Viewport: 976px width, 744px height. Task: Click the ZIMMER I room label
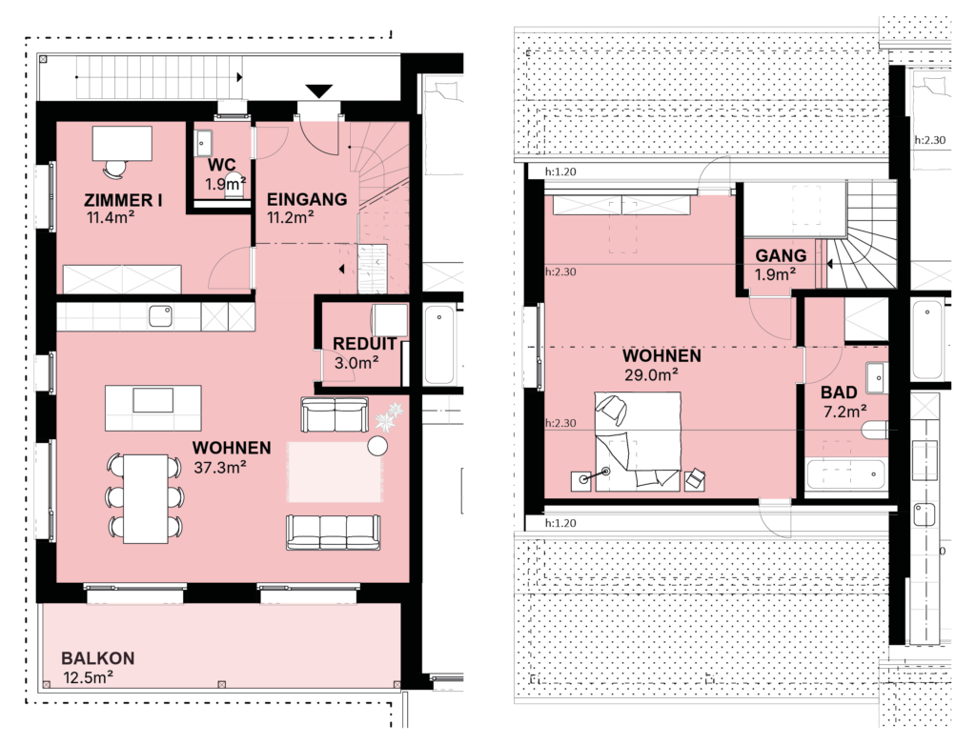pos(123,200)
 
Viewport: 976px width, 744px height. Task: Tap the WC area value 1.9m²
pos(225,184)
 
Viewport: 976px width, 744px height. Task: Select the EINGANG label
pos(307,200)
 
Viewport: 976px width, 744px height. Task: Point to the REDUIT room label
pos(364,344)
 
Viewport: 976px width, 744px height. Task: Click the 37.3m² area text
pos(220,467)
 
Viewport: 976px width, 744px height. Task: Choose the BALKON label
pos(98,658)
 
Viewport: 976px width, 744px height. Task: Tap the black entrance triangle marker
pos(318,91)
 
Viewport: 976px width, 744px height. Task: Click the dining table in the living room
pos(145,498)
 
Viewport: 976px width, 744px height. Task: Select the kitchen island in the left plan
pos(153,408)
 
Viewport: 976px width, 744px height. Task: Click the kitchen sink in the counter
pos(160,316)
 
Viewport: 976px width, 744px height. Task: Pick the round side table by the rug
pos(377,446)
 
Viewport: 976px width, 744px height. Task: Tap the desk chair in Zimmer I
pos(115,169)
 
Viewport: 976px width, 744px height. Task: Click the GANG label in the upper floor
pos(781,255)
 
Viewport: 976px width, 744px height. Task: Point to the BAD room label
pos(839,392)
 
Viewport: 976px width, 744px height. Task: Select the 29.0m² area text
pos(651,374)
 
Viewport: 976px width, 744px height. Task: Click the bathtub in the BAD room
pos(845,474)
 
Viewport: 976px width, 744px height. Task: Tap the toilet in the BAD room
pos(875,430)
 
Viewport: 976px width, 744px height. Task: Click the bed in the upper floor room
pos(638,442)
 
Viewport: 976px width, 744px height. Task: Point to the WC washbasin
pos(203,144)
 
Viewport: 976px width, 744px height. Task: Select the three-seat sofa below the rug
pos(333,532)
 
